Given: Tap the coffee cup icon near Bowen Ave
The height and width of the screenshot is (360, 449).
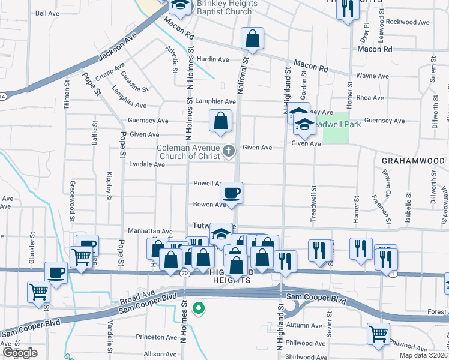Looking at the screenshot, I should [231, 193].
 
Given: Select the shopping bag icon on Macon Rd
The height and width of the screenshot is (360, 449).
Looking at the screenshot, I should [253, 39].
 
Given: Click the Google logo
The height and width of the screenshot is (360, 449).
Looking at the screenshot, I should [19, 353].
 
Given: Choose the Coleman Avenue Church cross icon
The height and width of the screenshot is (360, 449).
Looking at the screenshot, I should [228, 151].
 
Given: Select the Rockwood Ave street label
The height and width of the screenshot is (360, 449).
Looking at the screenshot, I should [408, 22].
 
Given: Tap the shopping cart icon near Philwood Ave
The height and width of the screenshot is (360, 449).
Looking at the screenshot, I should [378, 334].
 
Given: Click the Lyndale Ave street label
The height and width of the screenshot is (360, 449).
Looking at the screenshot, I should [147, 164].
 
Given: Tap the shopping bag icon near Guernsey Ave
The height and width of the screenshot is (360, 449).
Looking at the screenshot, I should [221, 121].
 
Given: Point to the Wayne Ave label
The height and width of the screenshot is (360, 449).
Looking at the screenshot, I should [373, 76].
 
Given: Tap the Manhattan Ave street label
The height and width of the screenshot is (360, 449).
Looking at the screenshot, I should [150, 231].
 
